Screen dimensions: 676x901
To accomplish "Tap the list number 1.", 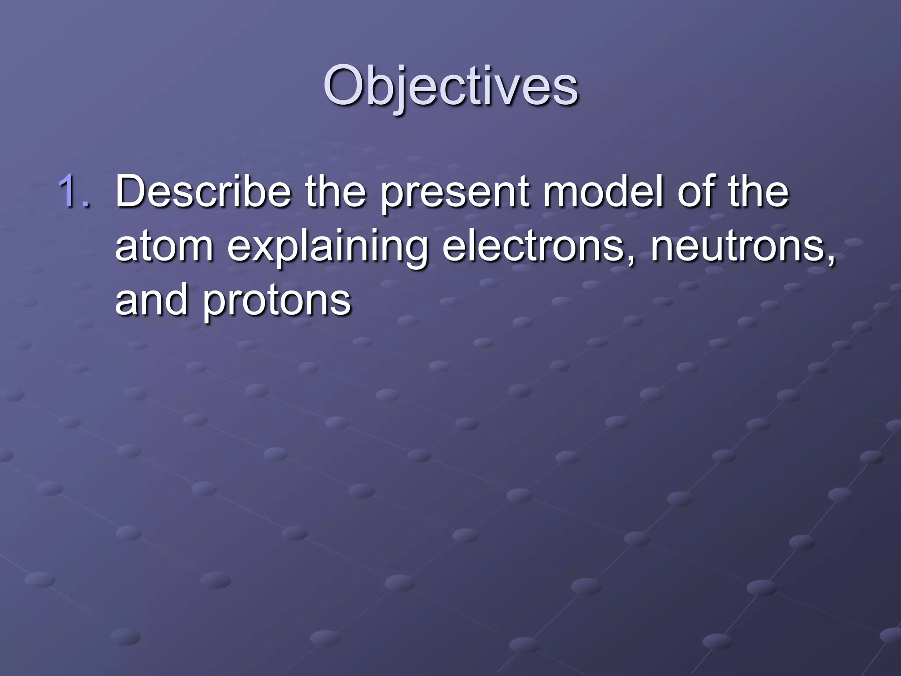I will click(x=74, y=191).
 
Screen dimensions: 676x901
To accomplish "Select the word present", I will click(x=454, y=194).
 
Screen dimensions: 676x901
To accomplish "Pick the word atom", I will click(x=164, y=246).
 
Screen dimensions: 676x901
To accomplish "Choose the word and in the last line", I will click(x=151, y=300).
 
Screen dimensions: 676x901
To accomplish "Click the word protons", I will click(x=277, y=303).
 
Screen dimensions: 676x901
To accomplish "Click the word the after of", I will click(x=758, y=191).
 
